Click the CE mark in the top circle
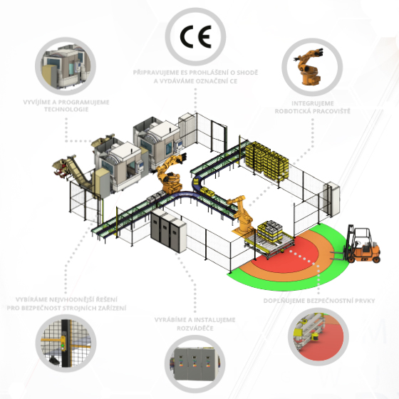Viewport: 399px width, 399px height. click(196, 36)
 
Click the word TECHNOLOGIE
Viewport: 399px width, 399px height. click(66, 110)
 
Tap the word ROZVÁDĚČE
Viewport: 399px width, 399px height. click(195, 328)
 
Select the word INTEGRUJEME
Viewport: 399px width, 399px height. click(313, 103)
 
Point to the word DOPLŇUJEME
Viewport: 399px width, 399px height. click(284, 301)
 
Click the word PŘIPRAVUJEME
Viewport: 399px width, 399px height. click(156, 73)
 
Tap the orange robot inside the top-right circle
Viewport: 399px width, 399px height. click(308, 67)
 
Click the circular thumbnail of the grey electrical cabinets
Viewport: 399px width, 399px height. click(195, 364)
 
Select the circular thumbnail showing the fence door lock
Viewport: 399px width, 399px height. click(66, 343)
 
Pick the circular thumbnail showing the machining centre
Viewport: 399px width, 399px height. click(66, 66)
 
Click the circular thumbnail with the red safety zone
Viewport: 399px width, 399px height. click(318, 336)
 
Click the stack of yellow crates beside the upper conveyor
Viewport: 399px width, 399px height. click(266, 161)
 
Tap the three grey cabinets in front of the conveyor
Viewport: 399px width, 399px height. click(168, 231)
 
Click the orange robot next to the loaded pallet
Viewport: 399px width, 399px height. click(242, 214)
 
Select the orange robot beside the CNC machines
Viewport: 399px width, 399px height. click(170, 175)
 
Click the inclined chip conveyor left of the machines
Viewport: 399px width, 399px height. click(73, 170)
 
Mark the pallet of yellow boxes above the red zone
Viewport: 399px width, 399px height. click(270, 231)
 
